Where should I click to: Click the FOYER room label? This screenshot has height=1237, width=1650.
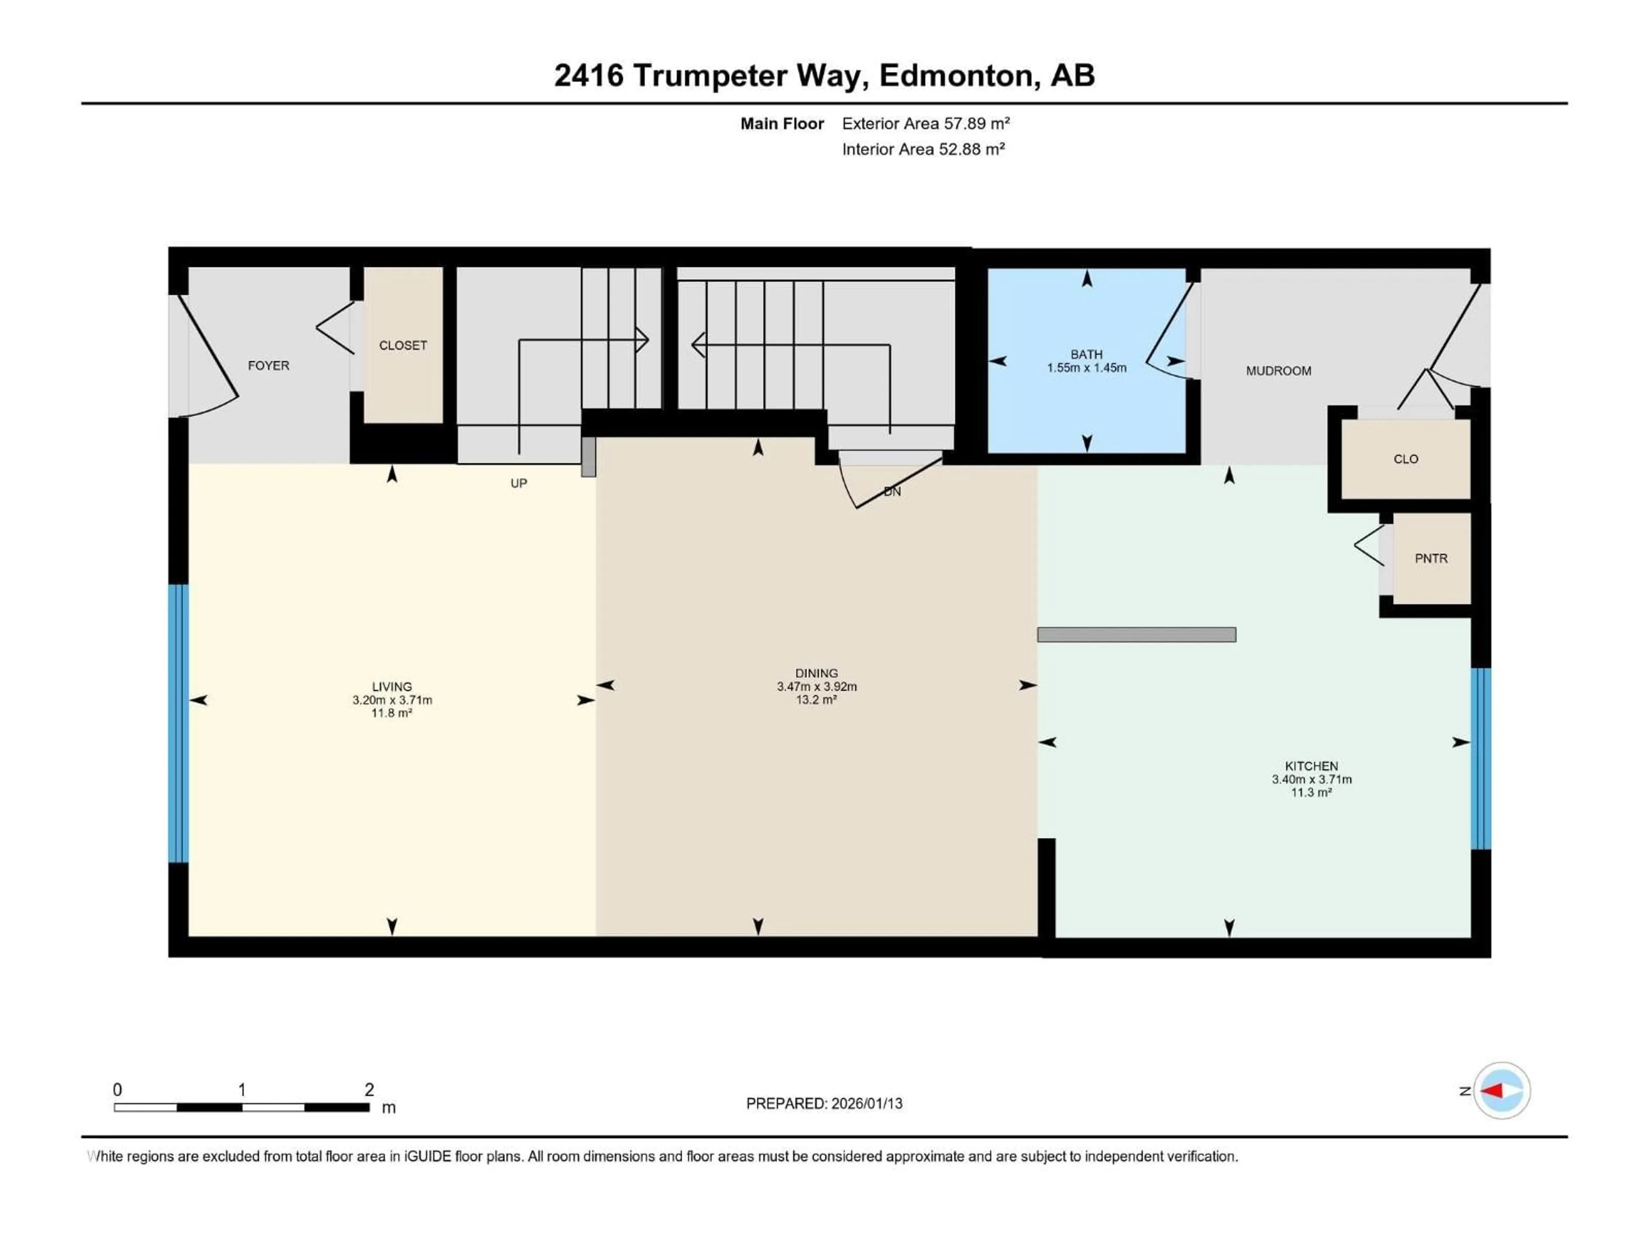pyautogui.click(x=269, y=366)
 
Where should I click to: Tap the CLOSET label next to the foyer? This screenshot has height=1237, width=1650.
pyautogui.click(x=403, y=345)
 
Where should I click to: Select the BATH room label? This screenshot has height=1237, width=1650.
pyautogui.click(x=1086, y=354)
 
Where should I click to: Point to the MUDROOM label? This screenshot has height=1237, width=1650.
pyautogui.click(x=1278, y=371)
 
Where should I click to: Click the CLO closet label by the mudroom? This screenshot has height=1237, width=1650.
pyautogui.click(x=1406, y=459)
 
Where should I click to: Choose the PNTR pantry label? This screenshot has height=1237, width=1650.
pyautogui.click(x=1431, y=558)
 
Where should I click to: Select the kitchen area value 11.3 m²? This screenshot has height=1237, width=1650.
pyautogui.click(x=1311, y=792)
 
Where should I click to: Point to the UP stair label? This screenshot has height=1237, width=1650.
pyautogui.click(x=519, y=483)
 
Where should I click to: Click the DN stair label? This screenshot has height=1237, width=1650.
pyautogui.click(x=892, y=491)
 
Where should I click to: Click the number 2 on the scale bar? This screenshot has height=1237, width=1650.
pyautogui.click(x=369, y=1089)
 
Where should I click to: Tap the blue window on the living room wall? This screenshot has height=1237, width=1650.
pyautogui.click(x=178, y=723)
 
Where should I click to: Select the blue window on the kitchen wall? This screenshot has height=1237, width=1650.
pyautogui.click(x=1481, y=758)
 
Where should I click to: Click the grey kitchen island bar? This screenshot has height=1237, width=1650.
pyautogui.click(x=1136, y=634)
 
